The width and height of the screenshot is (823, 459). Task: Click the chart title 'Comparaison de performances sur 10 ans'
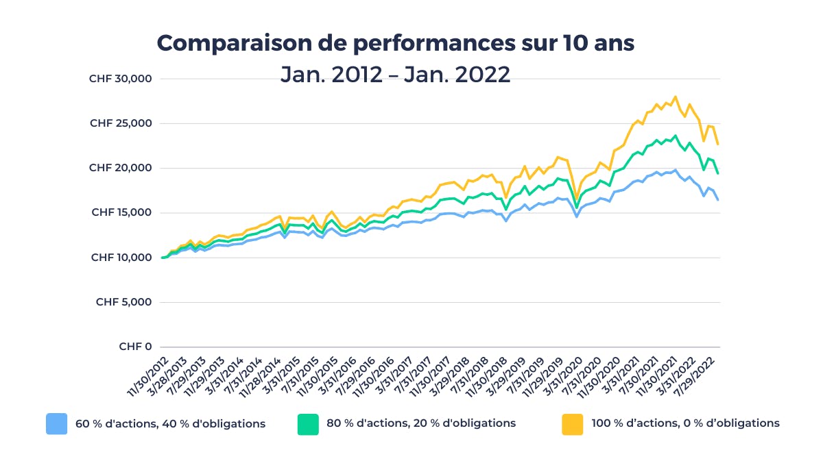pos(396,43)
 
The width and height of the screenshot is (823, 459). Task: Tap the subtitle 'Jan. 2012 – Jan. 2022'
pos(396,74)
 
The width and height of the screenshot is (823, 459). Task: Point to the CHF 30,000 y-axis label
pos(120,79)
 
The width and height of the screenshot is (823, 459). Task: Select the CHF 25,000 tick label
pos(120,123)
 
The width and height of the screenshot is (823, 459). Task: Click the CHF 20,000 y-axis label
pos(120,168)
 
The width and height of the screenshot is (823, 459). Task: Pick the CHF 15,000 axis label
pos(120,212)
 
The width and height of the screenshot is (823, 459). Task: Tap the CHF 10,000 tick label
pos(120,258)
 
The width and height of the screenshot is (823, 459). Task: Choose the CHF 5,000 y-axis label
pos(123,302)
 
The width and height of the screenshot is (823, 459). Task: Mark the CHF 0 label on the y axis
pos(135,347)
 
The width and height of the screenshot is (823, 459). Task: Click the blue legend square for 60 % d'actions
pos(56,424)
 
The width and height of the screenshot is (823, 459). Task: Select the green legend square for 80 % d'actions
pos(308,424)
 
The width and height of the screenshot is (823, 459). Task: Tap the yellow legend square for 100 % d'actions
pos(572,424)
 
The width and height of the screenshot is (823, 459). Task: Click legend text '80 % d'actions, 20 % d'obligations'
pos(421,423)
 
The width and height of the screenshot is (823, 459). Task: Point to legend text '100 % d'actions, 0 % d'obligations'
pos(685,423)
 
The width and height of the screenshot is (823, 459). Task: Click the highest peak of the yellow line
pos(676,97)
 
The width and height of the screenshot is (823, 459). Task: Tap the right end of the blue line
pos(717,199)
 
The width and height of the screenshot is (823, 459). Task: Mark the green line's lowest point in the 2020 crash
pos(577,208)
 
